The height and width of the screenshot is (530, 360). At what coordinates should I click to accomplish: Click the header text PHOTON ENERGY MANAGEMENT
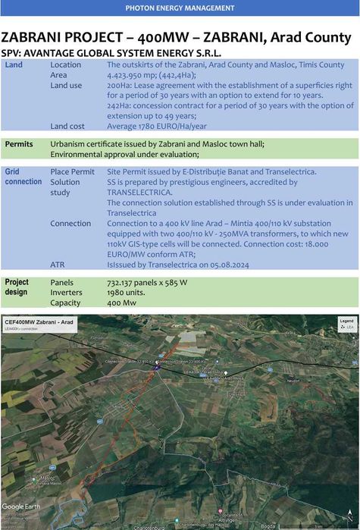click(180, 8)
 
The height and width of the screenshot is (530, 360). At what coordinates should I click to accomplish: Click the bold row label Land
click(14, 65)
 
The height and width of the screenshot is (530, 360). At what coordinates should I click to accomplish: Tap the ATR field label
click(58, 265)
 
